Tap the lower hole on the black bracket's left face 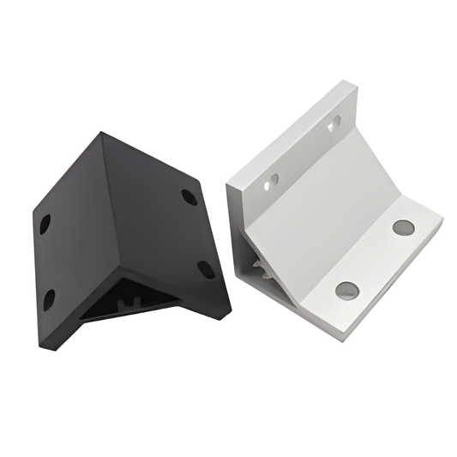49,299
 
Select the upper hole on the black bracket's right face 189,196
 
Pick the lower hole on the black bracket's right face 206,269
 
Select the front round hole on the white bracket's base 347,291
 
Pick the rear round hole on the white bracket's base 403,227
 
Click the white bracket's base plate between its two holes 376,259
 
